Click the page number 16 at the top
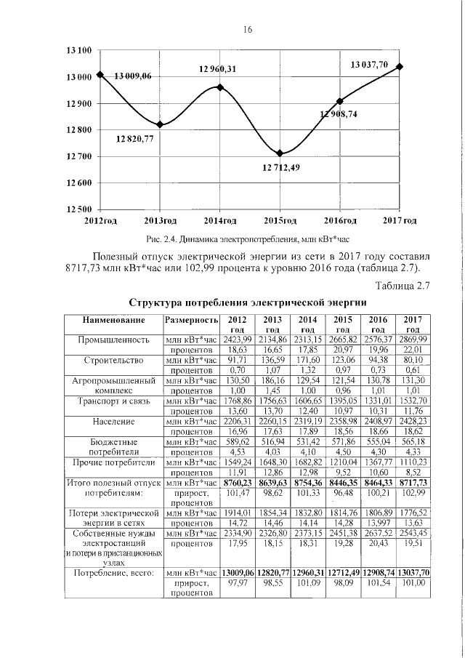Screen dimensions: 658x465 [246, 30]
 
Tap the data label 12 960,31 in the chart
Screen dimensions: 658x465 [219, 69]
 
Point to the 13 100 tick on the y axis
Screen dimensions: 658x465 [78, 51]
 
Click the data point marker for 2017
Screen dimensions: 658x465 [400, 66]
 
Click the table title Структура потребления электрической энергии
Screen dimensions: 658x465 [247, 302]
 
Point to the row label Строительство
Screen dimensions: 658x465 [114, 360]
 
